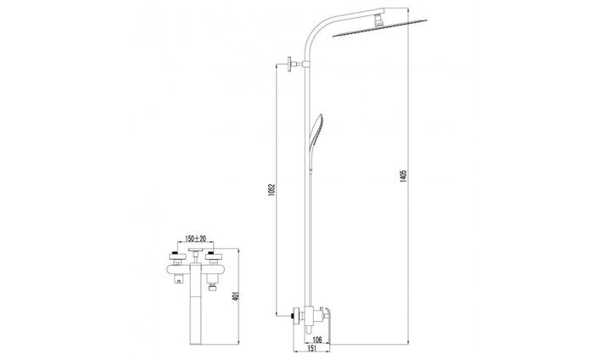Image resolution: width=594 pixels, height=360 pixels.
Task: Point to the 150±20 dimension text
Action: (196, 239)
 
